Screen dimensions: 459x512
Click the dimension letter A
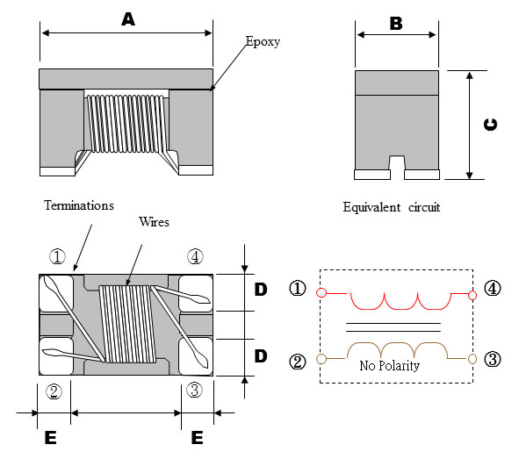coord(128,19)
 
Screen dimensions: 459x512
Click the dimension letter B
coord(396,24)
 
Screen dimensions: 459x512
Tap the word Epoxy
coord(263,41)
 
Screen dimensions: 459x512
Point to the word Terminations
coord(77,205)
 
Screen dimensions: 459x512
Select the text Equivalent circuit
coord(392,208)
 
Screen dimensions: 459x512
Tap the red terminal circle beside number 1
coord(322,293)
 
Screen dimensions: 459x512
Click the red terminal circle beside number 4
coord(472,295)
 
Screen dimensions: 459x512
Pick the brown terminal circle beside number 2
coord(322,358)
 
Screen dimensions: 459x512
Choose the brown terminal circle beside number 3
coord(472,358)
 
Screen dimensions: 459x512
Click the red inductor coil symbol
coord(397,300)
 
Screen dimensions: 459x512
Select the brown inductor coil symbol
coord(397,350)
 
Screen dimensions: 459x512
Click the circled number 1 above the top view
coord(57,257)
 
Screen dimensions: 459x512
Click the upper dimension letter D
coord(261,290)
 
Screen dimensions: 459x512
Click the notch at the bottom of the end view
coord(396,165)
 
